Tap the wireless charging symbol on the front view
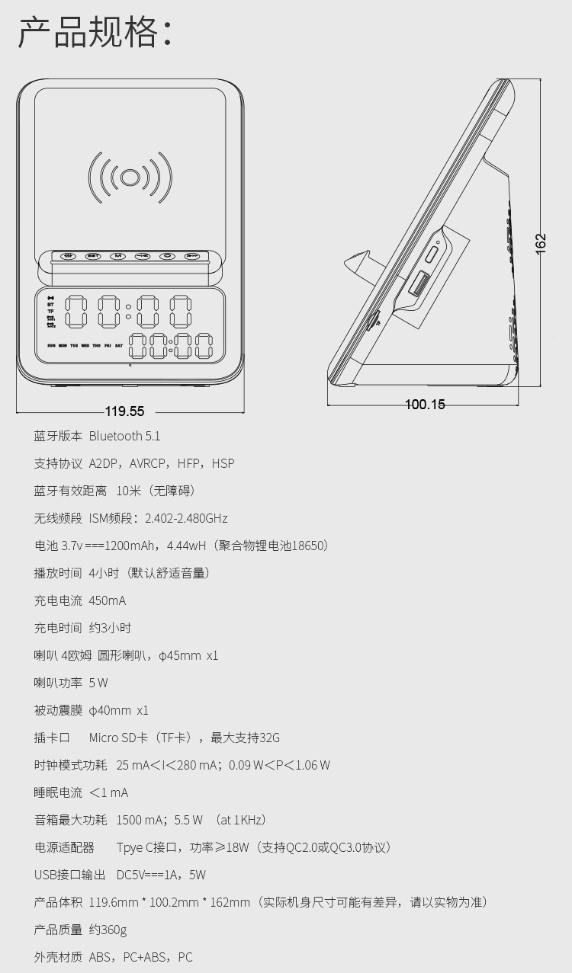130,178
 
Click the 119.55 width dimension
124,411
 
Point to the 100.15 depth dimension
425,405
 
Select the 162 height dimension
541,243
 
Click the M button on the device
117,256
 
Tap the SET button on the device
93,256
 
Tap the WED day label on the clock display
85,345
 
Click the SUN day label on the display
51,345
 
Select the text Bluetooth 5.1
124,436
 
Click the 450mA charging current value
108,600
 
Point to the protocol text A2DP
105,463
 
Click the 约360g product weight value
108,930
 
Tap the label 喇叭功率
58,683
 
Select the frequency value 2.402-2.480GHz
186,518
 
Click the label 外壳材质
58,957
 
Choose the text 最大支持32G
245,738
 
